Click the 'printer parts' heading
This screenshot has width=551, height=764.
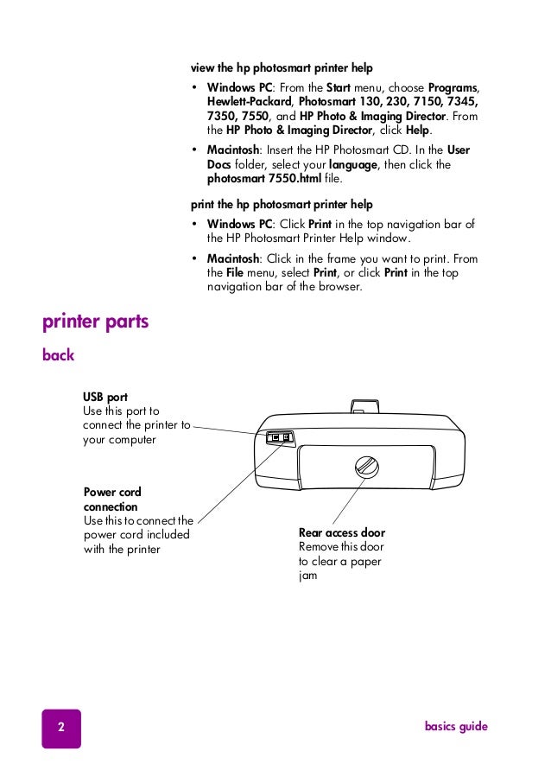[96, 322]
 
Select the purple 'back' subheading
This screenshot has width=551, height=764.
[59, 355]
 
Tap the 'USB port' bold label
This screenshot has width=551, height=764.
[105, 398]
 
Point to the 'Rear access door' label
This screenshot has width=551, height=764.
[342, 532]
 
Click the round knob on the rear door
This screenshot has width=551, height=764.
[367, 468]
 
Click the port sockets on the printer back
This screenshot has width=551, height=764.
[281, 436]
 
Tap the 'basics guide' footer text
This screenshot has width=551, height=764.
[456, 727]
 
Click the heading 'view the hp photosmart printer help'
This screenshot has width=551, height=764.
[282, 67]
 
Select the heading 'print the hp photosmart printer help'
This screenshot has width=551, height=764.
[282, 205]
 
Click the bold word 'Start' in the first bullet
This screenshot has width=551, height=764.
[338, 88]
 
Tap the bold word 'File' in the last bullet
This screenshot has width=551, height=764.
[235, 273]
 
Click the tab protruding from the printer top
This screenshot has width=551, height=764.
[364, 404]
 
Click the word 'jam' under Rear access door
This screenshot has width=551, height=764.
[307, 575]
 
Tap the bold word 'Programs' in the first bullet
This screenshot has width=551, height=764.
[453, 88]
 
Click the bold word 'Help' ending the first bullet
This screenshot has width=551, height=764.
[418, 130]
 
